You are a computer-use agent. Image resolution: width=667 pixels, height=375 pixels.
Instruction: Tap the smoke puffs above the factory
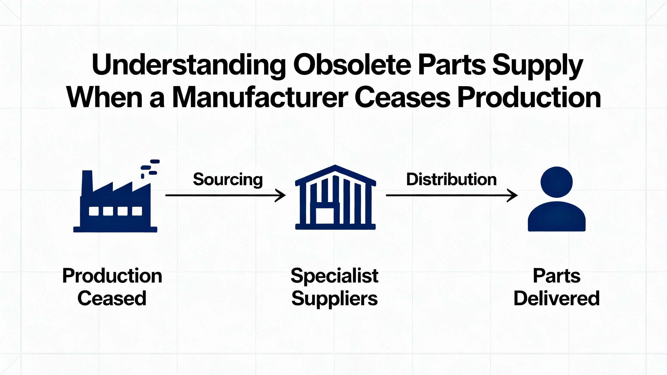pyautogui.click(x=150, y=168)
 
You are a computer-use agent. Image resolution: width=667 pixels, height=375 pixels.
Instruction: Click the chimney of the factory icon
pyautogui.click(x=87, y=182)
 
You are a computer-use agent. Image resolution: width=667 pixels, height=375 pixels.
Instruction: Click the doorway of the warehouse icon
pyautogui.click(x=325, y=216)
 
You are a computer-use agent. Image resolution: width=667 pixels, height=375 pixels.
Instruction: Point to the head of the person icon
pyautogui.click(x=557, y=182)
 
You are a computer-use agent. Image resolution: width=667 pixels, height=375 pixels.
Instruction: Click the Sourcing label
pyautogui.click(x=228, y=180)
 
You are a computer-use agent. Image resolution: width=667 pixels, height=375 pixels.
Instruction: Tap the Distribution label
pyautogui.click(x=451, y=180)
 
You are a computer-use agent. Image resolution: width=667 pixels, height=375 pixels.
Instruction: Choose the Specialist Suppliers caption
pyautogui.click(x=335, y=287)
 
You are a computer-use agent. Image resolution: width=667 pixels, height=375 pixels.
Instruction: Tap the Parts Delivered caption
pyautogui.click(x=557, y=287)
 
